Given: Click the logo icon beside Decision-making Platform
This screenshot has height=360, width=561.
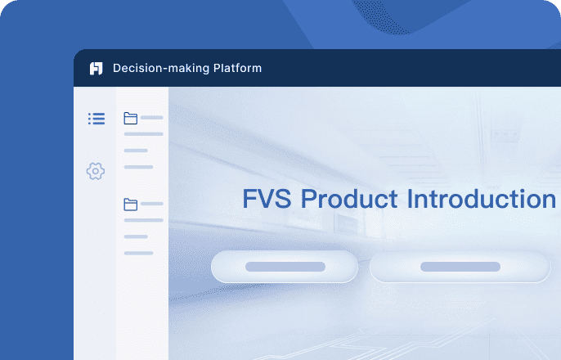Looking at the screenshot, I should [96, 69].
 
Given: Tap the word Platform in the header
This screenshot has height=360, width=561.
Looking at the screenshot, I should [235, 68].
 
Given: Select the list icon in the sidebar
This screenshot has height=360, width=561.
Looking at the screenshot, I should [96, 119].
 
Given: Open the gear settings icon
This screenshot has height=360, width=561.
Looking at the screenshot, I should [96, 171].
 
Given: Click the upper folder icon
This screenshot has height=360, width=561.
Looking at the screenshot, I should [130, 118].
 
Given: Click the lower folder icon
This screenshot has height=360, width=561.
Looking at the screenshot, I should [130, 204].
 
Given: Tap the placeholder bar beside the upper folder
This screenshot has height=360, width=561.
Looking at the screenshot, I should [152, 118].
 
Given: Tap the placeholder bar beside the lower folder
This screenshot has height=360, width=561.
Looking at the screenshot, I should [152, 204].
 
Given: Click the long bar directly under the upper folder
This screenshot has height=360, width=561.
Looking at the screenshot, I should [143, 134].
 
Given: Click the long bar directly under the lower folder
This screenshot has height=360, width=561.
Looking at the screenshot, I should [143, 220].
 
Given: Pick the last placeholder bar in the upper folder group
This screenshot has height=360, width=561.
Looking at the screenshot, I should [138, 167].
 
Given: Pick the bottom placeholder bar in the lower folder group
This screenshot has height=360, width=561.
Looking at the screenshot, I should [138, 253].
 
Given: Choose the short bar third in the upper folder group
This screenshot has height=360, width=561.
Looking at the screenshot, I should [136, 151].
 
